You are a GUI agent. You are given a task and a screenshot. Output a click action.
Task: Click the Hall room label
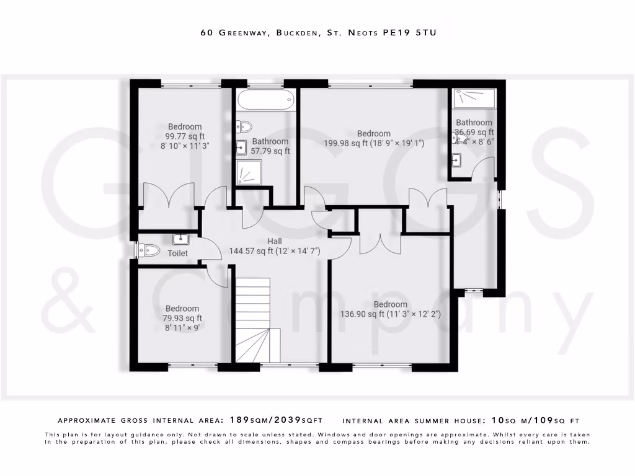275,241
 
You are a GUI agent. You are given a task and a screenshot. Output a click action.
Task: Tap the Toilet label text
177,253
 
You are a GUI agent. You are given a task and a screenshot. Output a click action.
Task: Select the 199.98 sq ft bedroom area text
373,143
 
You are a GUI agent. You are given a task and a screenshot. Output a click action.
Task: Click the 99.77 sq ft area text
184,137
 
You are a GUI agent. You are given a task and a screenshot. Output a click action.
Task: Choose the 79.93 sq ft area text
182,319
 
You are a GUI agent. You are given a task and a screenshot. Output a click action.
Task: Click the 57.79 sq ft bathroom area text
270,151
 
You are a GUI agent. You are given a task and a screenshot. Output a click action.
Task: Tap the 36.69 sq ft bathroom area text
474,132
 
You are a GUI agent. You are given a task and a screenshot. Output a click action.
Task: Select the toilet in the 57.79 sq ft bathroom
244,126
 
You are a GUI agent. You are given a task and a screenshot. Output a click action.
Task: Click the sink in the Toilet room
180,239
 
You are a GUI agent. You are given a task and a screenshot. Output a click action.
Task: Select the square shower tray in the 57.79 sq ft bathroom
249,172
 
